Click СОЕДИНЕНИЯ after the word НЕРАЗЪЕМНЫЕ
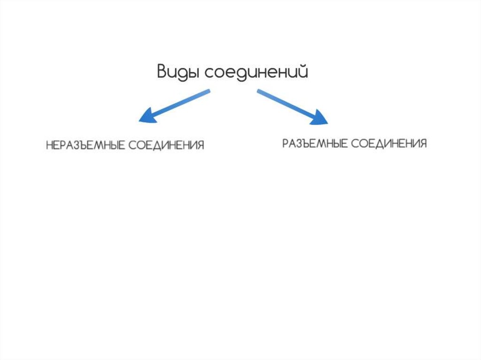167,145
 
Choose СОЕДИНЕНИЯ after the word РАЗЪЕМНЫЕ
389,143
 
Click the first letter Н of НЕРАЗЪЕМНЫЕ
49,145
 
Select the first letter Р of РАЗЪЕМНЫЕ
285,143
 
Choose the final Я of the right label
423,143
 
